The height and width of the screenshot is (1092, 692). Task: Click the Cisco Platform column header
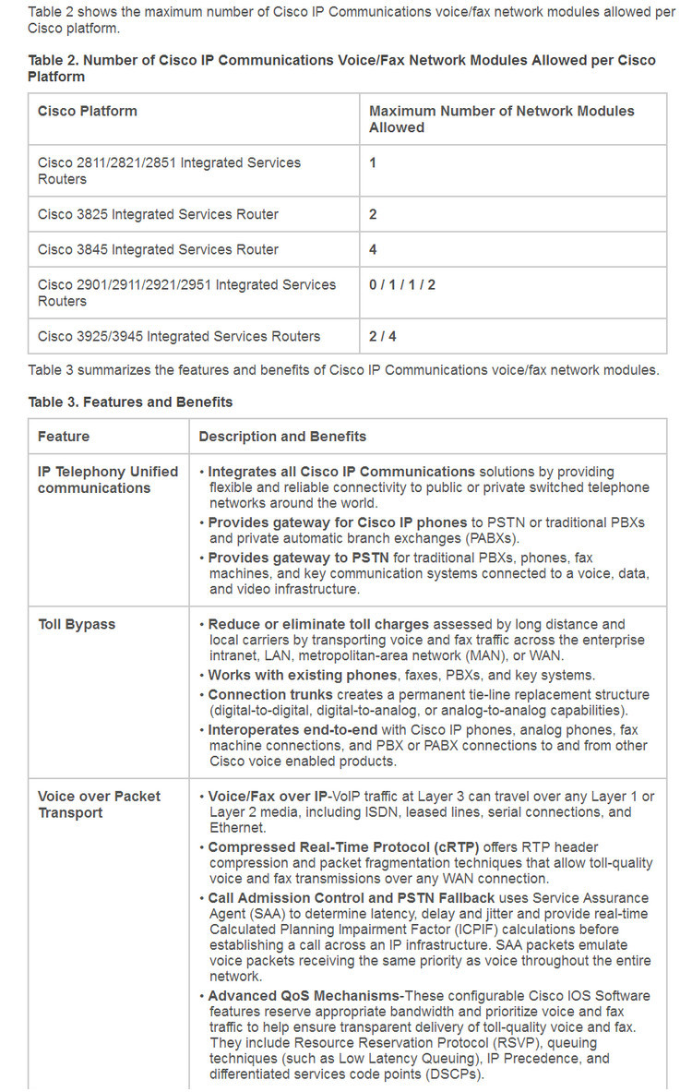pyautogui.click(x=87, y=111)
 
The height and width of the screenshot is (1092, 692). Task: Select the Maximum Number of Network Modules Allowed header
pyautogui.click(x=501, y=119)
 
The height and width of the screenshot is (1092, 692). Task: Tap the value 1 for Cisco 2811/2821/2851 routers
pyautogui.click(x=373, y=162)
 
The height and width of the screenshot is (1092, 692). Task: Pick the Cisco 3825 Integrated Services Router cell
pyautogui.click(x=158, y=214)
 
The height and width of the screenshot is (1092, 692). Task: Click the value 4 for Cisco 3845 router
pyautogui.click(x=373, y=249)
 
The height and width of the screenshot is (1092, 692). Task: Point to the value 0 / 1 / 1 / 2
pyautogui.click(x=402, y=284)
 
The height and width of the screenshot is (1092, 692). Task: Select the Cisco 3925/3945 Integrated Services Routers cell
pyautogui.click(x=179, y=336)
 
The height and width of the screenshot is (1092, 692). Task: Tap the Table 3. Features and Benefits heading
pyautogui.click(x=130, y=402)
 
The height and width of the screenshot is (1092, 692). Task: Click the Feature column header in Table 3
pyautogui.click(x=64, y=436)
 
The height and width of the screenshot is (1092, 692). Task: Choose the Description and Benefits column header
pyautogui.click(x=282, y=436)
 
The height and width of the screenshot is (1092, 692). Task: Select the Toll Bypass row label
pyautogui.click(x=77, y=624)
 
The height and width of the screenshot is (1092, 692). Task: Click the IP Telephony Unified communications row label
pyautogui.click(x=108, y=479)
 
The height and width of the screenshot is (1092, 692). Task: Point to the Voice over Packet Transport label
pyautogui.click(x=99, y=804)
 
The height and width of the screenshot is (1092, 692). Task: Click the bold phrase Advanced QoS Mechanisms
pyautogui.click(x=305, y=996)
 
